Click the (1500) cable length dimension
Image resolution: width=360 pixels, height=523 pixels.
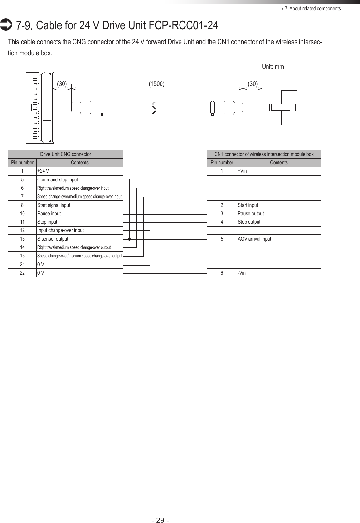pos(156,84)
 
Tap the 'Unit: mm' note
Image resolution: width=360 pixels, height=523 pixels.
pos(273,67)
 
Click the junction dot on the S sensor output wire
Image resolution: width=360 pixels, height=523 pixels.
pos(129,239)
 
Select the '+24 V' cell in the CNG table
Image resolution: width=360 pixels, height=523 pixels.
pos(79,171)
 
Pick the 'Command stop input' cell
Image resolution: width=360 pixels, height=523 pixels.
pos(79,180)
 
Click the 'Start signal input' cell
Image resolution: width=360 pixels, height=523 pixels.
pos(79,205)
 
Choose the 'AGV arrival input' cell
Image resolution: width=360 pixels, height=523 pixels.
pos(278,239)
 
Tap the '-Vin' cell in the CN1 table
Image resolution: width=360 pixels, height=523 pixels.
pos(278,273)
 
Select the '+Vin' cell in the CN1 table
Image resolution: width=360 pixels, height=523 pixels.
pos(278,171)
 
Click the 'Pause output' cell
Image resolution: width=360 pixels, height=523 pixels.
pos(278,214)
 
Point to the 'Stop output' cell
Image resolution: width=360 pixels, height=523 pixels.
pos(278,222)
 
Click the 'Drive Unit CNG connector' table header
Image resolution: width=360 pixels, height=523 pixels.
pos(65,154)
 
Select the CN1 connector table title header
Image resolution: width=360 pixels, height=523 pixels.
pos(264,154)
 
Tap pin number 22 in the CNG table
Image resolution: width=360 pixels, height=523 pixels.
pos(22,273)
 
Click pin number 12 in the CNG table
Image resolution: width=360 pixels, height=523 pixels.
pos(22,230)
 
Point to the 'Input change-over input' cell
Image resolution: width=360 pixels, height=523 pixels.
pos(79,230)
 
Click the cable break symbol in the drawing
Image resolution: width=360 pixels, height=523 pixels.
pos(154,107)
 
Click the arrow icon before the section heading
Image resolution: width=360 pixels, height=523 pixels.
pos(6,25)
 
